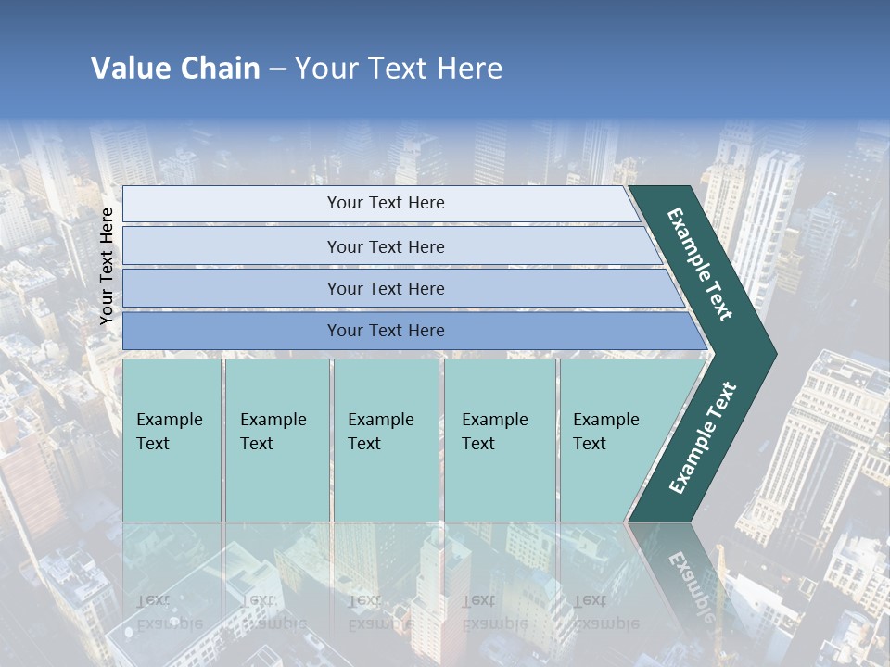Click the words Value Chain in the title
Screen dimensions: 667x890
[175, 69]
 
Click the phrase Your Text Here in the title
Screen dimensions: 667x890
[399, 69]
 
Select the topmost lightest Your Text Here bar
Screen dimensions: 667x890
[386, 203]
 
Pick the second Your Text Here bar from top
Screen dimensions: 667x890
[386, 246]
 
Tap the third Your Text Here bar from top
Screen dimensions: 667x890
[386, 289]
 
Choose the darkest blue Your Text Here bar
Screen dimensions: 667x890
[386, 331]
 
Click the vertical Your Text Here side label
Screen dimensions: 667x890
[107, 266]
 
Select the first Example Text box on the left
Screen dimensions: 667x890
[172, 440]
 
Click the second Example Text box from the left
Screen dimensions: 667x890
[276, 440]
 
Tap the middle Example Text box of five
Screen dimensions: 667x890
[386, 440]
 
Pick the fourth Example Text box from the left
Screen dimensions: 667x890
[500, 440]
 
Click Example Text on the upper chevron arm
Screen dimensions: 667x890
[700, 264]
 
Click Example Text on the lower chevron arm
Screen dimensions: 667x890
[703, 437]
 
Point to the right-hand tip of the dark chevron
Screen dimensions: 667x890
[774, 354]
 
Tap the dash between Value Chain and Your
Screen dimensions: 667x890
[277, 69]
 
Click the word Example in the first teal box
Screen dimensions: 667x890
[170, 420]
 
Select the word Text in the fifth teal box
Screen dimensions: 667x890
[590, 444]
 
